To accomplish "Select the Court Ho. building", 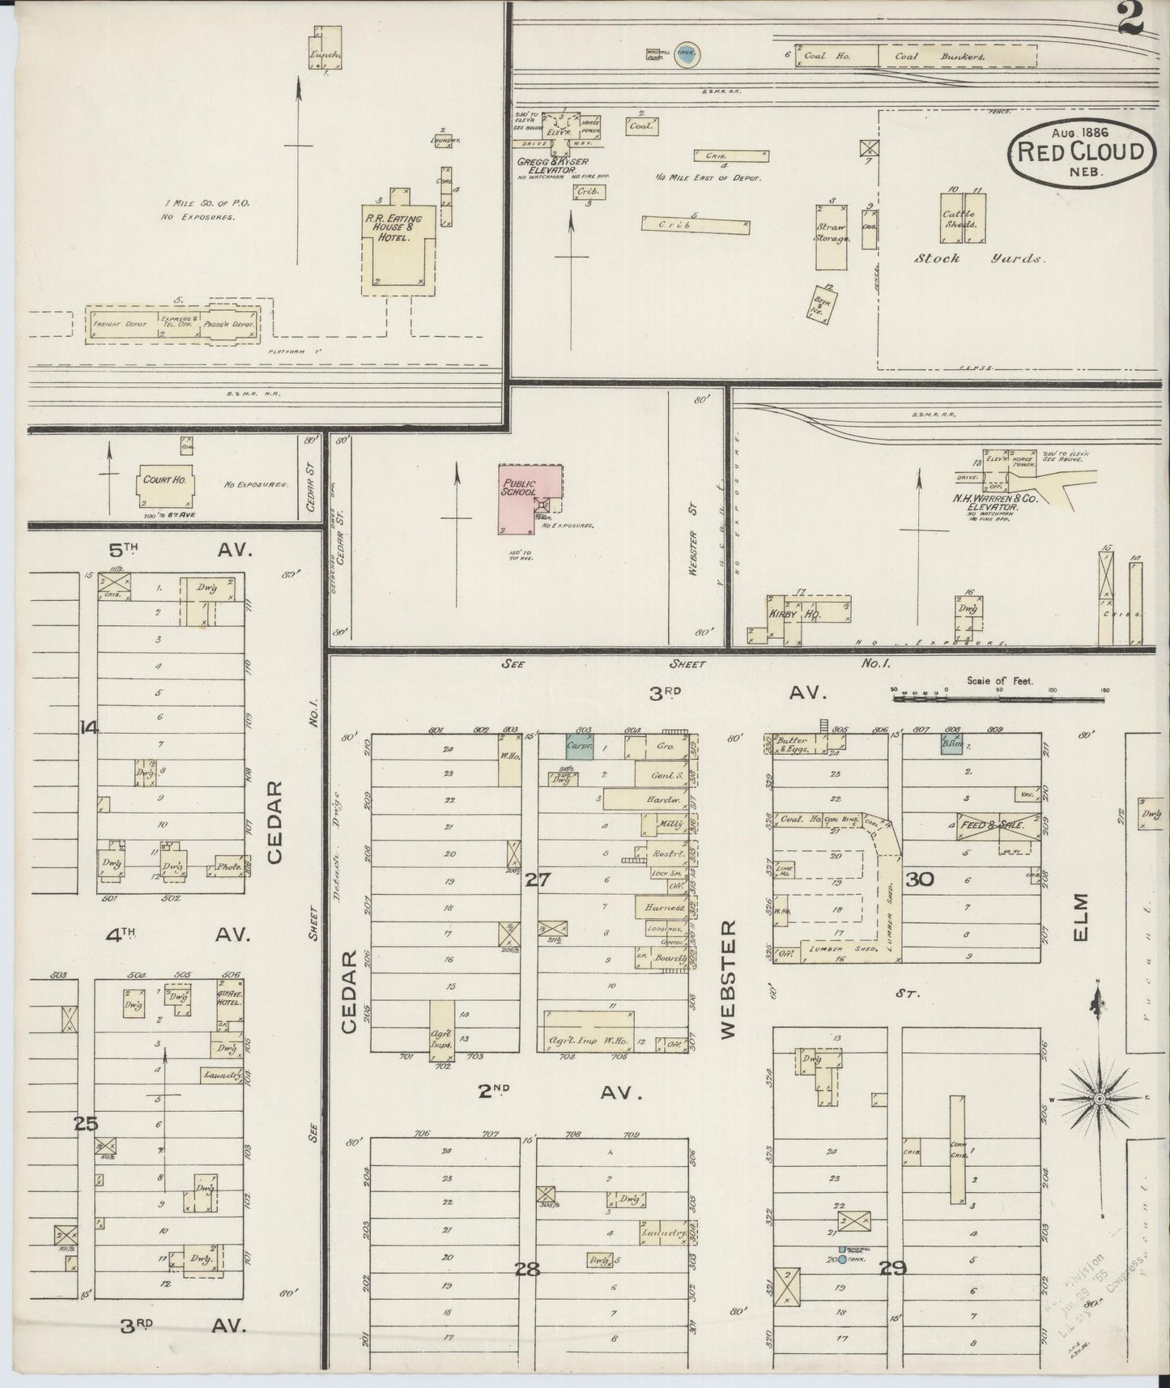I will (164, 486).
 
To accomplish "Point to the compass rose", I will (1099, 1099).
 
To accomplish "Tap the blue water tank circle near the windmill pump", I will (687, 54).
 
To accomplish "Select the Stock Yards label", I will (979, 259).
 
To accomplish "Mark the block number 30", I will (920, 879).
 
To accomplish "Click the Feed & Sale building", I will (997, 824).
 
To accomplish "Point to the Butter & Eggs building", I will (792, 745).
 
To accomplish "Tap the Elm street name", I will (1083, 918).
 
